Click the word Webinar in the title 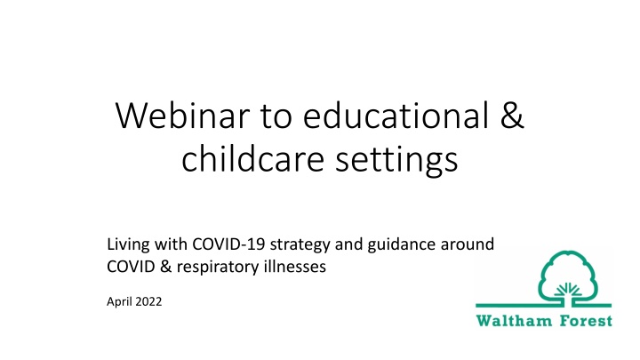tap(182, 116)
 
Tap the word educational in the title tap(396, 115)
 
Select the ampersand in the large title tap(511, 116)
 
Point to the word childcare tap(253, 158)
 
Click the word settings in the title tap(396, 161)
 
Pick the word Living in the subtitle tap(128, 245)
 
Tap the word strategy tap(300, 245)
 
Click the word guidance tap(402, 245)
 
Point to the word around tap(468, 244)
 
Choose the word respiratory tap(218, 268)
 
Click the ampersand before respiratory tap(165, 267)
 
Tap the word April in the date tap(119, 302)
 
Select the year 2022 tap(148, 301)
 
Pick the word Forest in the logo tap(586, 321)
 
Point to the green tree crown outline tap(568, 253)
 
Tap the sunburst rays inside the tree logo tap(568, 289)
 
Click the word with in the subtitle tap(170, 244)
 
